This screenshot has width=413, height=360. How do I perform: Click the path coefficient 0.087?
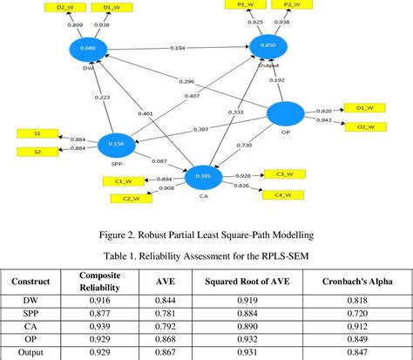(159, 160)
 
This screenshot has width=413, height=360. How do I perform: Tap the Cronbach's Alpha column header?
(356, 282)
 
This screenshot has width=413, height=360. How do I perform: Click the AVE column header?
(162, 282)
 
